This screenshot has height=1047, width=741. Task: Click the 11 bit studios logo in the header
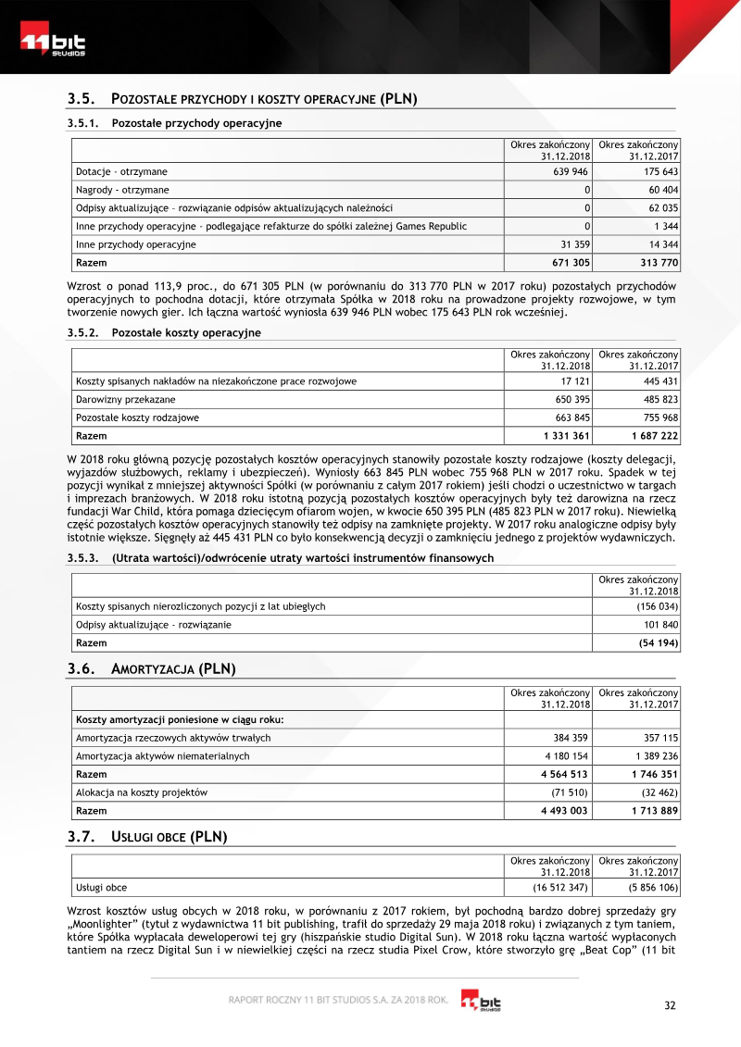tap(54, 44)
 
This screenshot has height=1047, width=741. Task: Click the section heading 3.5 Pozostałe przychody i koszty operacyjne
tap(243, 99)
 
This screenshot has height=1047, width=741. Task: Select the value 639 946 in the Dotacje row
tap(571, 172)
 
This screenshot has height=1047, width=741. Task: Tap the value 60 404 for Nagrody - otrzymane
tap(659, 190)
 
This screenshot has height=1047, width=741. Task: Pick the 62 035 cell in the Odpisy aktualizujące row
tap(659, 208)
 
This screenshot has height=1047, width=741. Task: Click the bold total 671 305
tap(569, 263)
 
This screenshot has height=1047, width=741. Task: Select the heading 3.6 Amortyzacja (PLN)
tap(152, 668)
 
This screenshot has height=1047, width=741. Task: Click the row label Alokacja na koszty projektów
tap(141, 792)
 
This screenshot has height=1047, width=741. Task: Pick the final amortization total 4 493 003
tap(565, 810)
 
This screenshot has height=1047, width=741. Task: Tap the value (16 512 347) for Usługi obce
tap(560, 888)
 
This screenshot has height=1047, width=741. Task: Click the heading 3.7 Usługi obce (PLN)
tap(147, 837)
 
